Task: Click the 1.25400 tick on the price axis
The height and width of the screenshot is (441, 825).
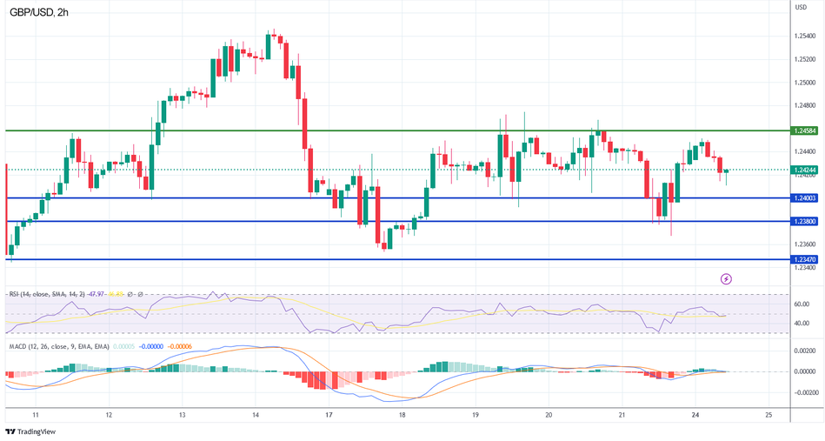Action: pos(804,37)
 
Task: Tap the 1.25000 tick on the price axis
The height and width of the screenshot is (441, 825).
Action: pos(804,83)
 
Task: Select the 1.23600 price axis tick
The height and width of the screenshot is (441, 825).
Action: pos(804,244)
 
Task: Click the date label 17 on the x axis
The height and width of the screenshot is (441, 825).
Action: pos(329,415)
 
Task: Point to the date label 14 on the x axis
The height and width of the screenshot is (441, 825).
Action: pos(255,415)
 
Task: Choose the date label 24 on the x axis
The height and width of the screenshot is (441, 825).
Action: pos(695,415)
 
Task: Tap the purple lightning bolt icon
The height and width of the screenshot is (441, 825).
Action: pos(727,278)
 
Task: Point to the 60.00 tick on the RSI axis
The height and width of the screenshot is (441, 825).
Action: pos(801,304)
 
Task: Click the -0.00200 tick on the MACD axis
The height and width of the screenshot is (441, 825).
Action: pos(804,391)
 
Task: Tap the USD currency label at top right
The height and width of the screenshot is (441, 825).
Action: pos(801,7)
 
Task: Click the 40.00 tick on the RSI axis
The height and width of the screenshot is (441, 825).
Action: pos(801,324)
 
